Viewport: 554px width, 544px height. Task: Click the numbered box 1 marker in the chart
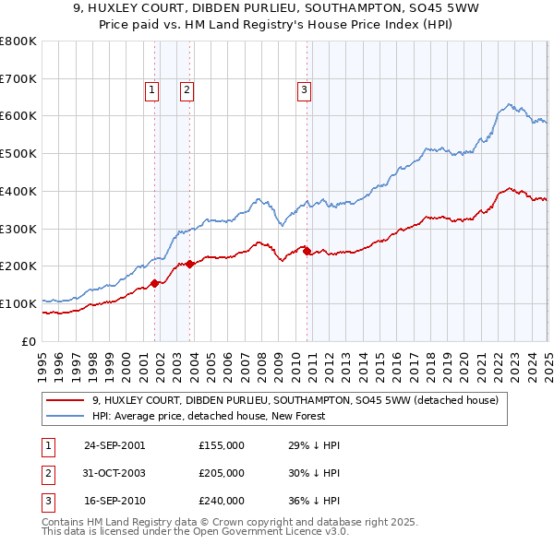[x=151, y=89]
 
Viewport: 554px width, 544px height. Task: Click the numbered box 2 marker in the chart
[x=187, y=89]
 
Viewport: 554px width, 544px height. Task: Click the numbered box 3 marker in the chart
[x=303, y=89]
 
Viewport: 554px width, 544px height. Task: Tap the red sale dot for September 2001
[x=155, y=283]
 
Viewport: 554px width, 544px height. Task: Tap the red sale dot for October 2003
[x=190, y=264]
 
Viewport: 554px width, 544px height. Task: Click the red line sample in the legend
[x=64, y=400]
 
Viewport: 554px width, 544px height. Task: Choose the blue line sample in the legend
[x=64, y=416]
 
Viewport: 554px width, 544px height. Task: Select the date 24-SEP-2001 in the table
[x=114, y=444]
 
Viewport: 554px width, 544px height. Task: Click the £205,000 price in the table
[x=221, y=473]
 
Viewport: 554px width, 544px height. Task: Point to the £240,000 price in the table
[x=221, y=502]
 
